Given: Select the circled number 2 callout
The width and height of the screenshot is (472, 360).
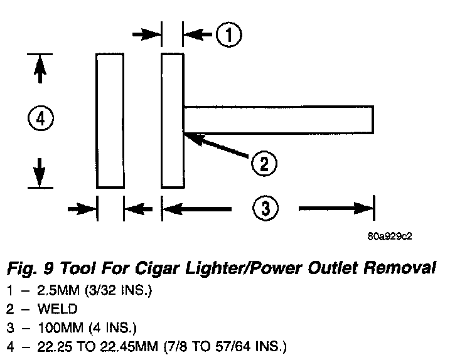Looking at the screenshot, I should click(x=264, y=164).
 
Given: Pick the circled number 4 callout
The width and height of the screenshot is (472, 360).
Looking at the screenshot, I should click(x=40, y=119).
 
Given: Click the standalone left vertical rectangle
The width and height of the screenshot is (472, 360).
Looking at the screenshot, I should click(x=110, y=120).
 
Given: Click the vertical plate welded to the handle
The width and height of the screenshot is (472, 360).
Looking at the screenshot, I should click(x=173, y=120).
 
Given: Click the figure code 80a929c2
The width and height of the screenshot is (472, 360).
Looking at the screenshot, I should click(x=390, y=236).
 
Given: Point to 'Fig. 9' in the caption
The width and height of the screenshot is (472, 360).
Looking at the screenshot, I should click(x=27, y=269).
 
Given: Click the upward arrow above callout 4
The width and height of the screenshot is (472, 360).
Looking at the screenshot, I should click(x=40, y=69).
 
